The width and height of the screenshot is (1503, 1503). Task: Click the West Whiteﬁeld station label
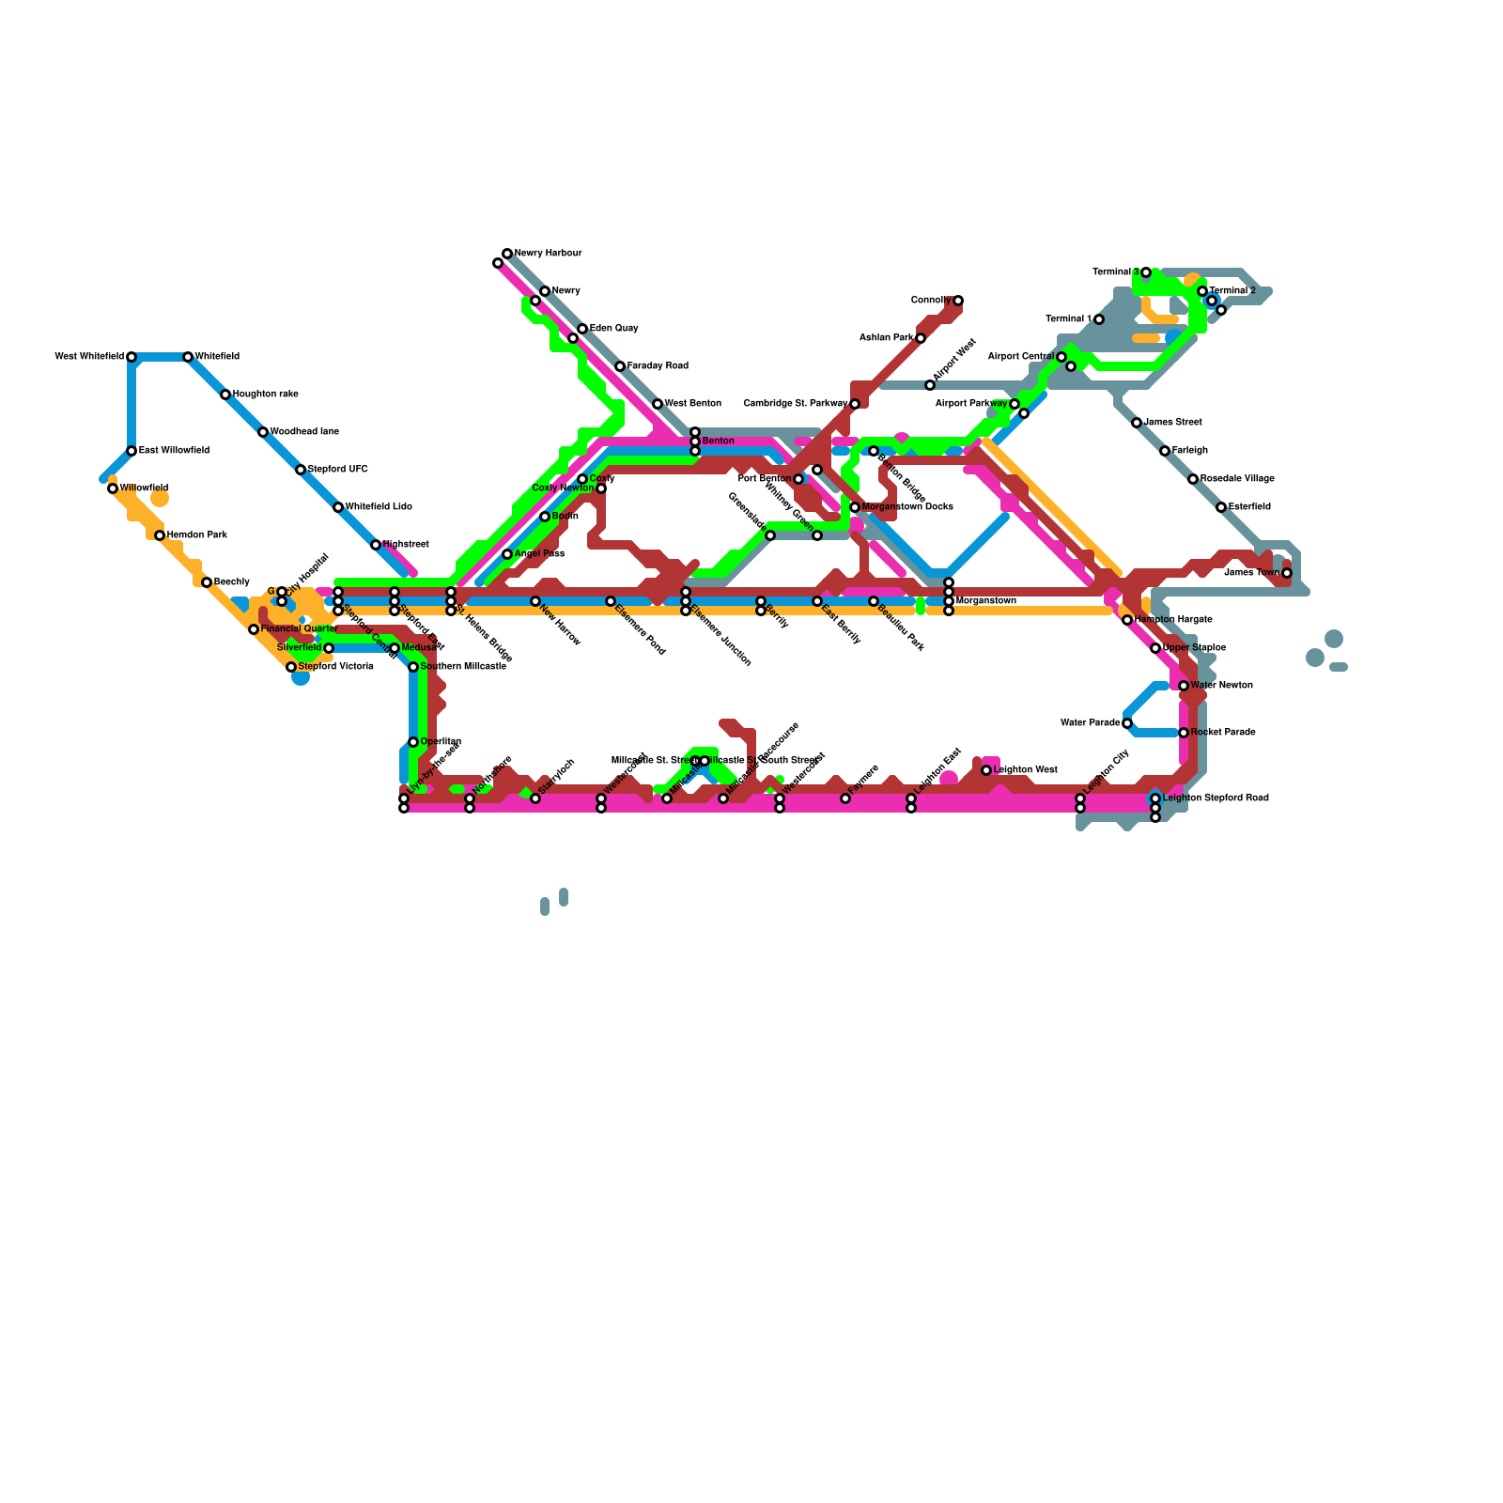coord(89,357)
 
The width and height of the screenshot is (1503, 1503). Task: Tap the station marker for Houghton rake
coord(225,395)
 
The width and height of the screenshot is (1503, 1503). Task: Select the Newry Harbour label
coord(548,254)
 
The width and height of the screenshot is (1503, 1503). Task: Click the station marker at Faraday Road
coord(620,366)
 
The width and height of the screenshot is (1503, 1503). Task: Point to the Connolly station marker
coord(958,301)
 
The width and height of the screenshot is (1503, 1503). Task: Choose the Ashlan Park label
coord(887,338)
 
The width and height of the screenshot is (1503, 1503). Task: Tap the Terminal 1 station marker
coord(1099,319)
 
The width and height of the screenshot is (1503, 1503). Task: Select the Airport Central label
coord(1020,357)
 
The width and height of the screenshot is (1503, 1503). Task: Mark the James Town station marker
coord(1287,573)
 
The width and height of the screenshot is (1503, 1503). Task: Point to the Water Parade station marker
coord(1127,723)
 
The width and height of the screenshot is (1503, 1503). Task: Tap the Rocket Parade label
coord(1222,733)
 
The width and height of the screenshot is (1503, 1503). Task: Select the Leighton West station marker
coord(986,770)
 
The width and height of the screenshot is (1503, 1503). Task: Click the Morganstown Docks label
coord(906,507)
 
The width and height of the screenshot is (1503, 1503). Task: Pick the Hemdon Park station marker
coord(160,535)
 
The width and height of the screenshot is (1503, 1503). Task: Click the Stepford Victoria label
coord(335,667)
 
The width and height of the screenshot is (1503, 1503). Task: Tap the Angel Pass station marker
coord(507,554)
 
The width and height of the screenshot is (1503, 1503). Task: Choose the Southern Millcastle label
coord(463,667)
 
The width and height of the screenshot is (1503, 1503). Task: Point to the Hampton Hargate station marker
coord(1127,620)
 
